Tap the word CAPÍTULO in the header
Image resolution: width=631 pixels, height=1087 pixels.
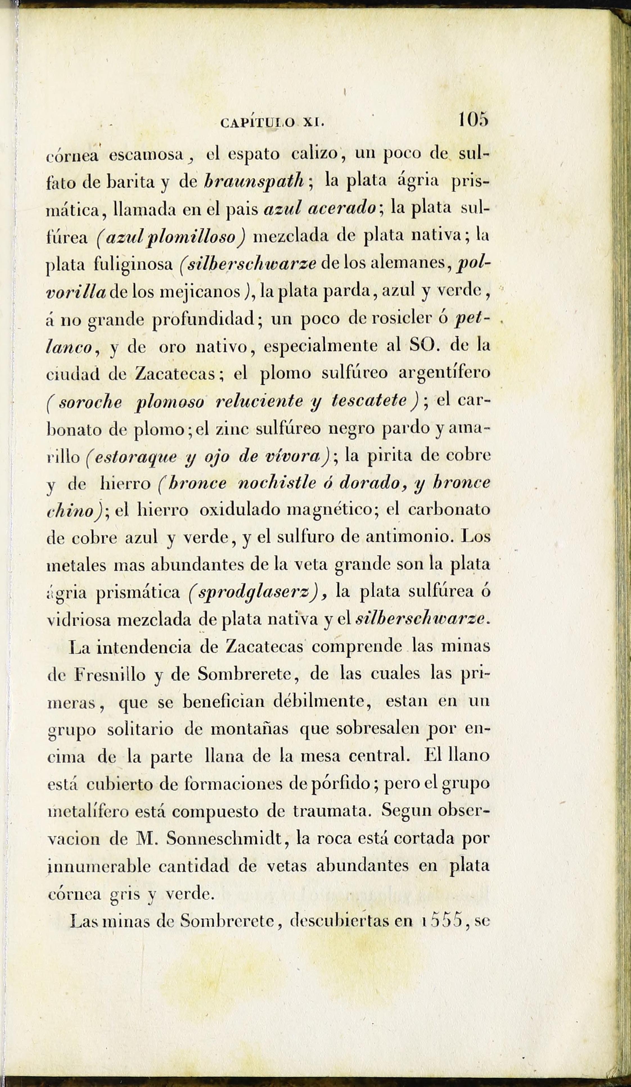click(257, 123)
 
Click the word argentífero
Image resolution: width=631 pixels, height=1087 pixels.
click(444, 373)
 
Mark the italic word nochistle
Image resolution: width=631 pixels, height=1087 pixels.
click(276, 483)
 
